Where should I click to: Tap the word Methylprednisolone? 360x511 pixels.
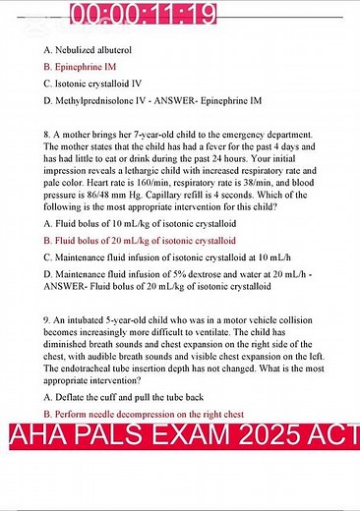tap(102, 101)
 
